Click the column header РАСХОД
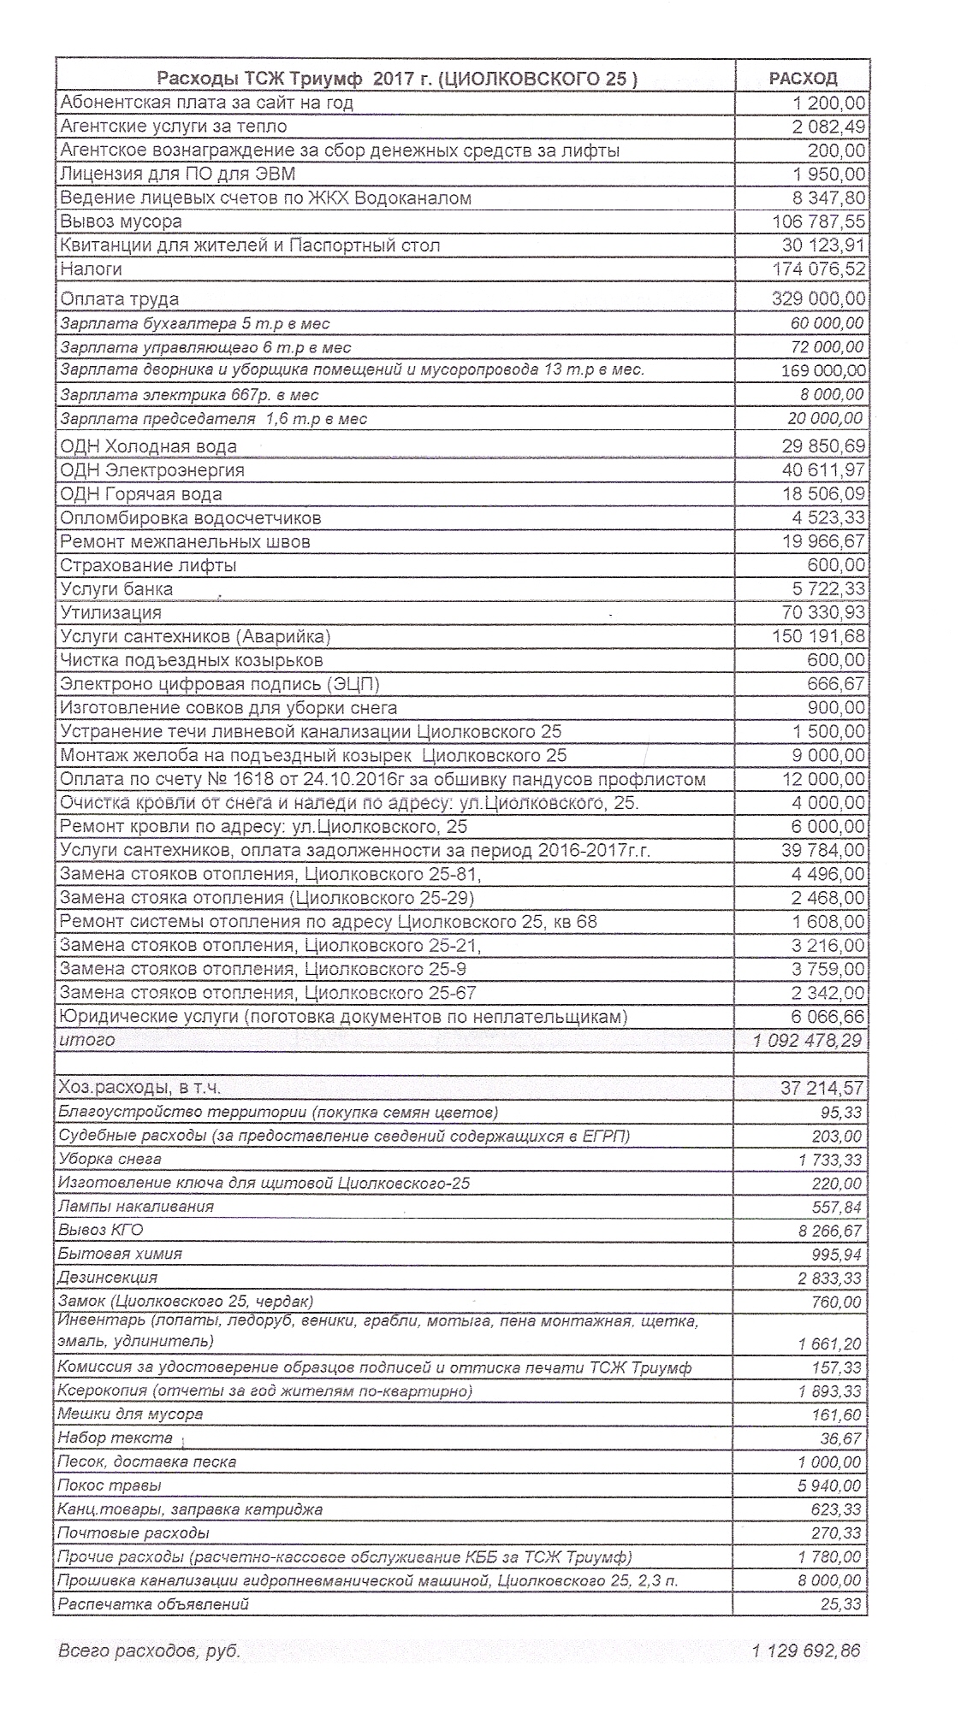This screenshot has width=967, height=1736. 803,79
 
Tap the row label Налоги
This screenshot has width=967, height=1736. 91,269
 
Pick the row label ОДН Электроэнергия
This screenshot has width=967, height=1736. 152,470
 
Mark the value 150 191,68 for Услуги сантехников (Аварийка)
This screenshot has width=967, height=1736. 819,637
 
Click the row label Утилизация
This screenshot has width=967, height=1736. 110,613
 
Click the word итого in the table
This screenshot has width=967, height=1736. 86,1041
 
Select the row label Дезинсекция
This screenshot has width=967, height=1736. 108,1278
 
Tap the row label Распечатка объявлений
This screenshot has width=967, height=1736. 152,1604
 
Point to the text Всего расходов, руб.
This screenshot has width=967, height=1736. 149,1651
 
